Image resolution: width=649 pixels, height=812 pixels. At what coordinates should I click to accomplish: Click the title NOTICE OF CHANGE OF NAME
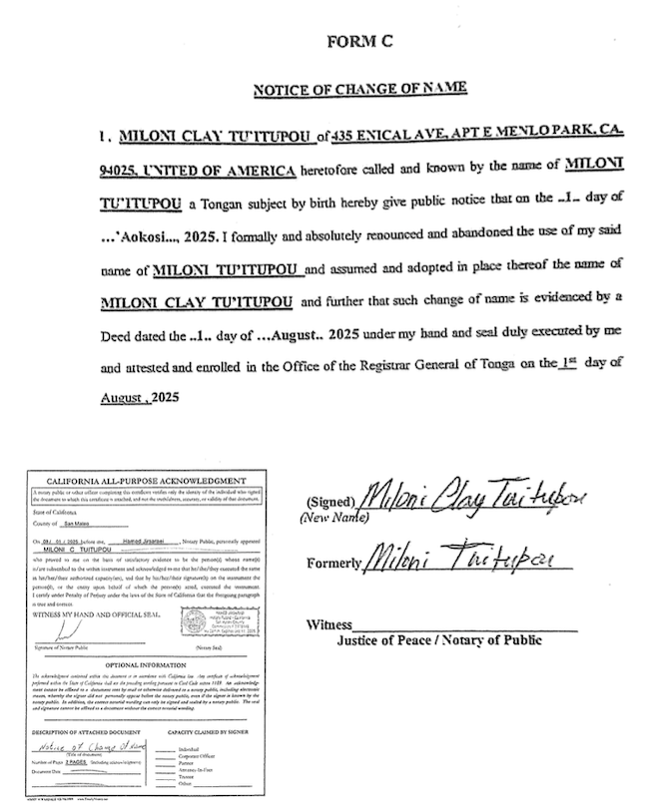pos(359,89)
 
